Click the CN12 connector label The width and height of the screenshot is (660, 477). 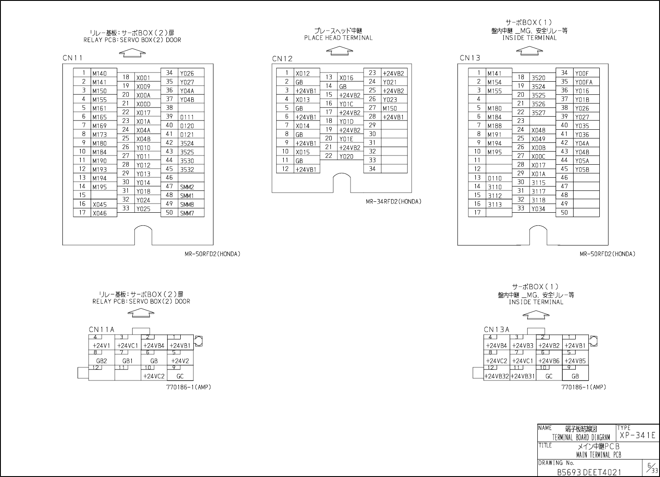coord(282,59)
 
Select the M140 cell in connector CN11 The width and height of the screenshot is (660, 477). coord(99,73)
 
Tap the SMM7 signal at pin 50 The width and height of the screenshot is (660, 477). coord(187,213)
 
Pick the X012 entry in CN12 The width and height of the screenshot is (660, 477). coord(302,73)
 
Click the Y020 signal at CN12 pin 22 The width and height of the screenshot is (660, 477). coord(346,156)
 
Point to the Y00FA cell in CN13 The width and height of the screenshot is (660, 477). coord(584,82)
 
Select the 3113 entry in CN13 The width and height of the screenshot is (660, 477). coord(495,204)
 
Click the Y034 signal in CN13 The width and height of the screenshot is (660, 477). coord(538,209)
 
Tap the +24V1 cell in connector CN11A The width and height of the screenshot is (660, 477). coord(101,346)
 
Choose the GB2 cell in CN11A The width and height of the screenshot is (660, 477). coord(101,361)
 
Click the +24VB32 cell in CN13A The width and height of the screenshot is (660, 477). coord(496,376)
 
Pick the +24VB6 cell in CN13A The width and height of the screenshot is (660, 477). coord(549,361)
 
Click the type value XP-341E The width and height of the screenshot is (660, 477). coord(637,435)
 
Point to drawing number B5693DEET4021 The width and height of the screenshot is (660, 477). coord(589,472)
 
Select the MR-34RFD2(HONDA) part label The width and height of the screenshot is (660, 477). coord(393,202)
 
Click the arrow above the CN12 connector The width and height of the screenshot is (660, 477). coord(339,51)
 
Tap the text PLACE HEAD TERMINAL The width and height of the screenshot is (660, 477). coord(338,38)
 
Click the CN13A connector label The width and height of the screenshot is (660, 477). coord(496,330)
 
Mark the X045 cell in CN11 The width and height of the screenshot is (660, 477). coord(99,204)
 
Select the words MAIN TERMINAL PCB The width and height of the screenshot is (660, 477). coord(598,455)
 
